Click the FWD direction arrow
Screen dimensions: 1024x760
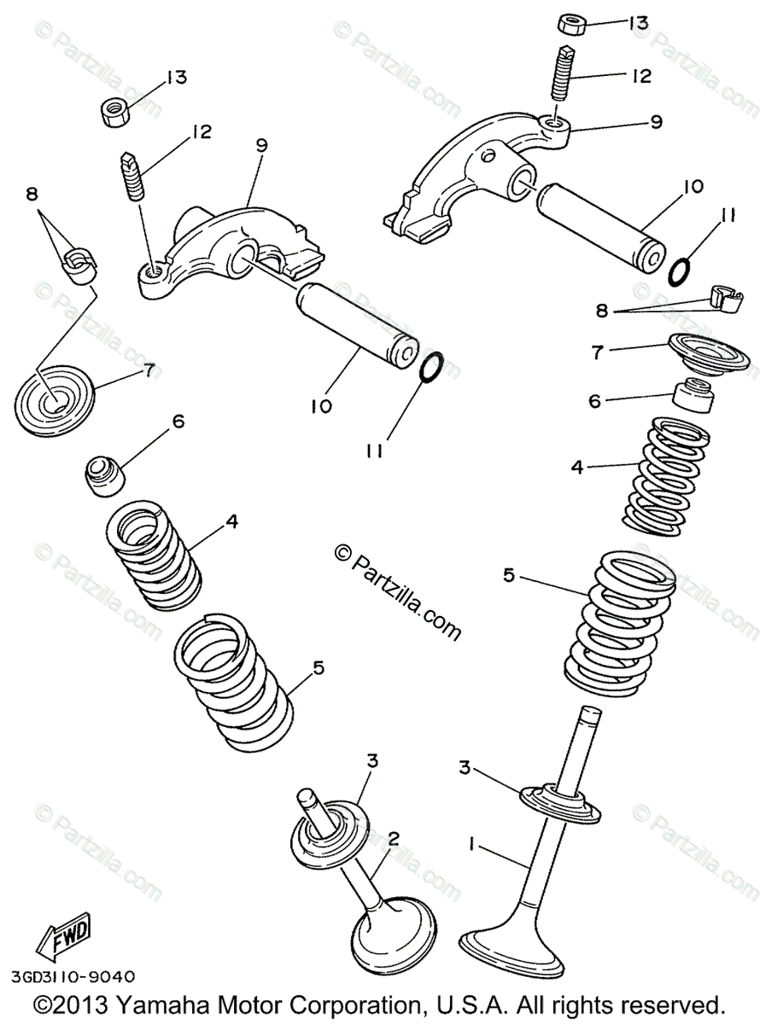coord(61,941)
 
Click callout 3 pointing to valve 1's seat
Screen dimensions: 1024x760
coord(465,768)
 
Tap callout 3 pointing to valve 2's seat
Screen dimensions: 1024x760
coord(372,760)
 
